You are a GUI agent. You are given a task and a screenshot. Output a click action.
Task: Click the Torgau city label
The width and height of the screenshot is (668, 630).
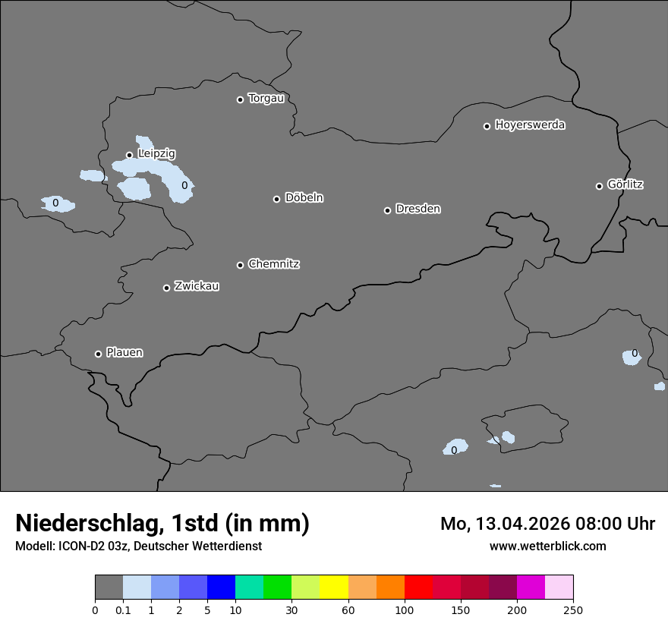(266, 99)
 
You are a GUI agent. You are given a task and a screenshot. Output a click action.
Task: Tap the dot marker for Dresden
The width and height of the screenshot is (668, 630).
(387, 210)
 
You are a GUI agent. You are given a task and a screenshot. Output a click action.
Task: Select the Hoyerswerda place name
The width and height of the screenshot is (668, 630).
(530, 125)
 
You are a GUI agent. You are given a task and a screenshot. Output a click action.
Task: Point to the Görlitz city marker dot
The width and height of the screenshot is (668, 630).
(599, 186)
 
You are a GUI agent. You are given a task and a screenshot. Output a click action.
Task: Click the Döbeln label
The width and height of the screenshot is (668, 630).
(304, 198)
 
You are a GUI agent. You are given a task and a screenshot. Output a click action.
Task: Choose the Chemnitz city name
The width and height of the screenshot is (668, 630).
(273, 264)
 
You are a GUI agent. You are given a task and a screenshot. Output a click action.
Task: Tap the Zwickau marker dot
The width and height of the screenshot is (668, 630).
(166, 288)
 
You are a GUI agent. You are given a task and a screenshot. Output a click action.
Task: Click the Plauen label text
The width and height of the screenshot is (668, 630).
(124, 353)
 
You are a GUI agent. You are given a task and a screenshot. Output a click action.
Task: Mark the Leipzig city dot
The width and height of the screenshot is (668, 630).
(129, 155)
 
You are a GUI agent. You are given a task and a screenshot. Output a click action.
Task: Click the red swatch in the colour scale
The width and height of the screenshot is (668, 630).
(418, 587)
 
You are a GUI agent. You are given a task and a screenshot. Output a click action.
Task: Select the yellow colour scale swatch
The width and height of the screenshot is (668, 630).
(334, 587)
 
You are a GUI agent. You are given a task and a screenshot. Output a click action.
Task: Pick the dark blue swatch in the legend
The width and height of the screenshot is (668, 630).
(221, 587)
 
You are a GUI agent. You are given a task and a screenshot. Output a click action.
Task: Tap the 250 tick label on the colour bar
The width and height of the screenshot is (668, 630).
(573, 610)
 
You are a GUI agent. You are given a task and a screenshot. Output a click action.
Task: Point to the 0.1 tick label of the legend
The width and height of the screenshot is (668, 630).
(122, 610)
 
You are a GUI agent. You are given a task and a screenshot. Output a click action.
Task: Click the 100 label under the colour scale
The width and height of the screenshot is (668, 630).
(405, 610)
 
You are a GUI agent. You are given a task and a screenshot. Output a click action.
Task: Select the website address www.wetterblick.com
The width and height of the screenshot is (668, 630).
(547, 547)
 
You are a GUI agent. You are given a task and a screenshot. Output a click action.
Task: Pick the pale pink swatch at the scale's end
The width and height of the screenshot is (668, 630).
(559, 587)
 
